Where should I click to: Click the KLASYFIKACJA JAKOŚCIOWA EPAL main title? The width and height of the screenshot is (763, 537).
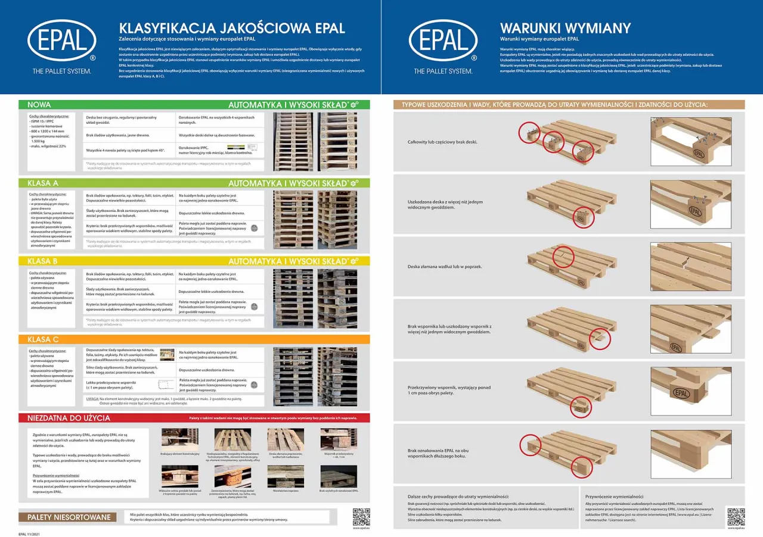232,28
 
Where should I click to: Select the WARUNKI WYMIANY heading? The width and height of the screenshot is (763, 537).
565,28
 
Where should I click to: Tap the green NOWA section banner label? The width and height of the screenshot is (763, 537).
39,105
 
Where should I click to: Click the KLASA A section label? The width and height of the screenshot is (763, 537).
43,183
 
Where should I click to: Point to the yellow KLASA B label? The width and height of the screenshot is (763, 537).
43,261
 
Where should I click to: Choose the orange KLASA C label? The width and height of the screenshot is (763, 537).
43,339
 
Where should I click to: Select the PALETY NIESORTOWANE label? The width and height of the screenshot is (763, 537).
69,517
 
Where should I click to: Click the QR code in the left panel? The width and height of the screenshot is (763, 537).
361,516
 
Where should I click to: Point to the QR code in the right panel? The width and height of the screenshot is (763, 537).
736,516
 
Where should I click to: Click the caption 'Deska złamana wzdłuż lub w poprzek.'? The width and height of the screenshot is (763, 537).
445,267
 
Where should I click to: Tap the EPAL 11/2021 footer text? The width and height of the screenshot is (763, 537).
30,533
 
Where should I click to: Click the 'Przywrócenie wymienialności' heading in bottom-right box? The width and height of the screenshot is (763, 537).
614,496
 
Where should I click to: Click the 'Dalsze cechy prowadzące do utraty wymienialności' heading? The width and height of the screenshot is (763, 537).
458,496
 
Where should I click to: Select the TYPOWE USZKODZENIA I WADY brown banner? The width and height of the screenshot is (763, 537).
554,105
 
